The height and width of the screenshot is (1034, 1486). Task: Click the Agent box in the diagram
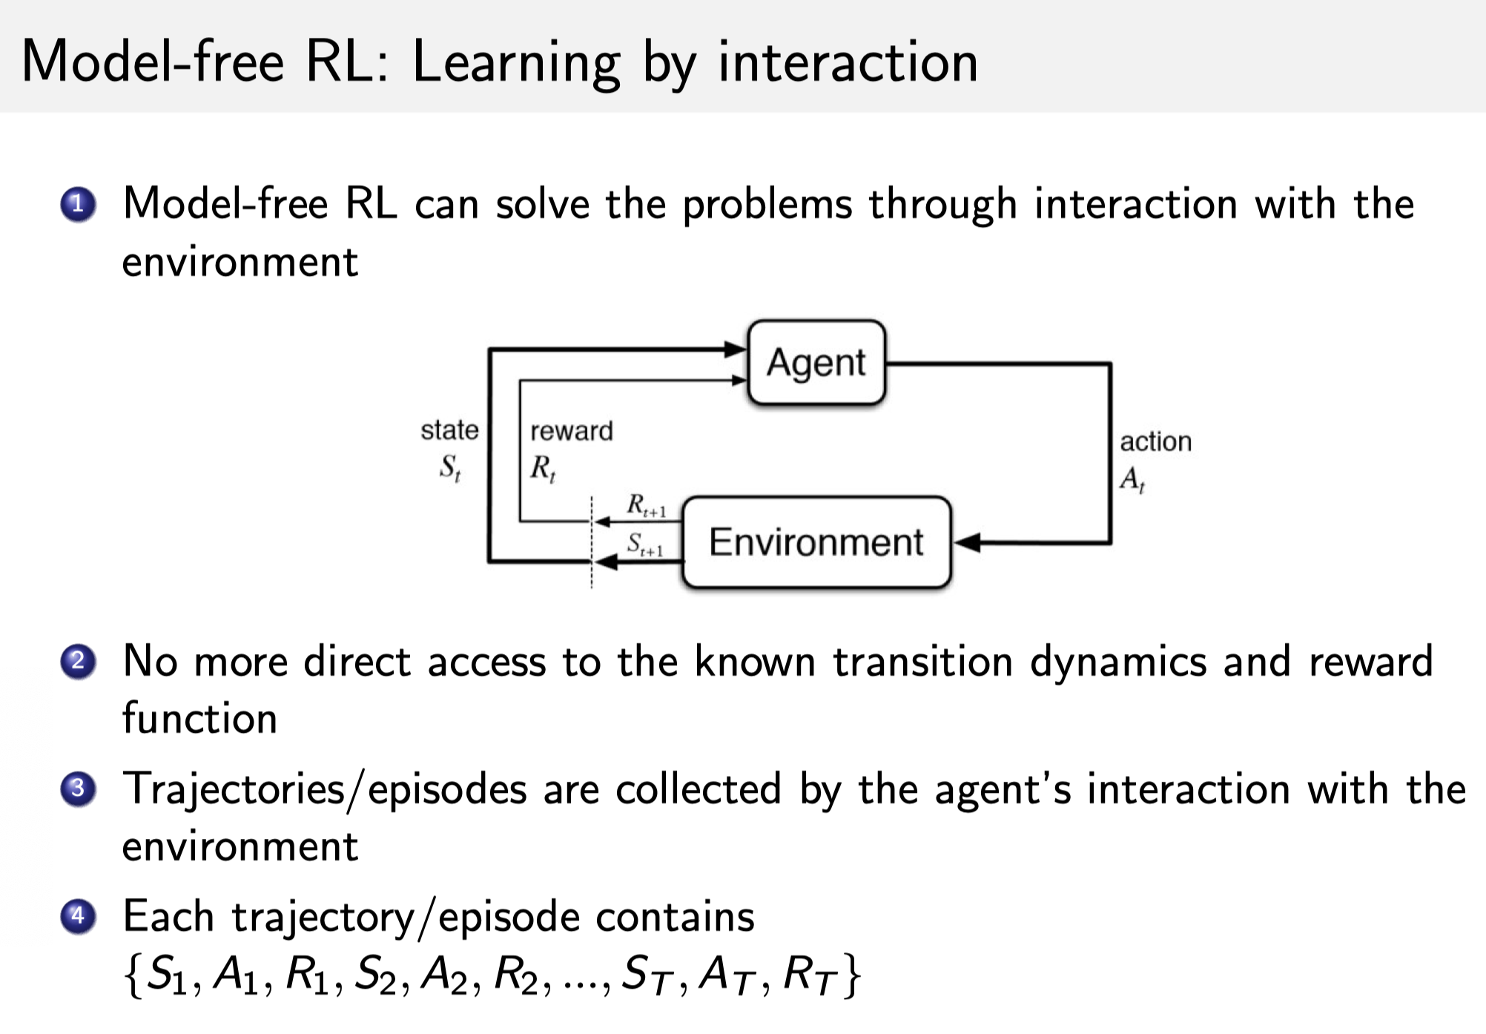(816, 363)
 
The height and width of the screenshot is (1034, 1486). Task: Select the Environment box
(816, 542)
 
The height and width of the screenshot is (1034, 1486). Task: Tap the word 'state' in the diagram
(449, 430)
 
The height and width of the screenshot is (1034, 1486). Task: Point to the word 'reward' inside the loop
(571, 431)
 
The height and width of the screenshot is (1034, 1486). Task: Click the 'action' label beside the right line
(1155, 442)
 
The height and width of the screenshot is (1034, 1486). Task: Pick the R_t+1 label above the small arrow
(646, 506)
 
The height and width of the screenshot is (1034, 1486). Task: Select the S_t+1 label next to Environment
(644, 544)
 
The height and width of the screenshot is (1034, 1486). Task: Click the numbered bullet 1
(78, 205)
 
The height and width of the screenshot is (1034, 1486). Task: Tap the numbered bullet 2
(78, 661)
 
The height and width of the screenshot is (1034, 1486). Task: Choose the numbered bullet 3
(78, 788)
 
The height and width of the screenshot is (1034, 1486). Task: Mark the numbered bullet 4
(78, 916)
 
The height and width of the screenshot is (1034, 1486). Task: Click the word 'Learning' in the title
(516, 63)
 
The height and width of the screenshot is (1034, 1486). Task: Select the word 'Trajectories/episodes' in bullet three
(324, 789)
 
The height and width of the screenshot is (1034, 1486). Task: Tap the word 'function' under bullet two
(199, 719)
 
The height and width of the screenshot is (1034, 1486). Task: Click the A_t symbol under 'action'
(1132, 480)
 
